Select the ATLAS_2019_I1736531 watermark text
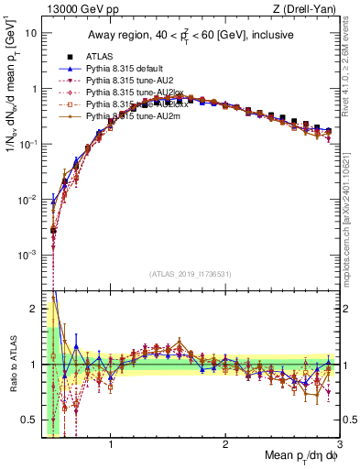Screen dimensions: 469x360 point(191,274)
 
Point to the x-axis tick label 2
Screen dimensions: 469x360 point(225,445)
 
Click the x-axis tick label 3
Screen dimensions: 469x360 point(339,445)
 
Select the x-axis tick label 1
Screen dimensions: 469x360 point(111,445)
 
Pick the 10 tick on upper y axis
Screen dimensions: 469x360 point(31,32)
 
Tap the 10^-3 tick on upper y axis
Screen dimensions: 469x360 point(27,254)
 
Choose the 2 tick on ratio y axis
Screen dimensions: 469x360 point(33,308)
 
